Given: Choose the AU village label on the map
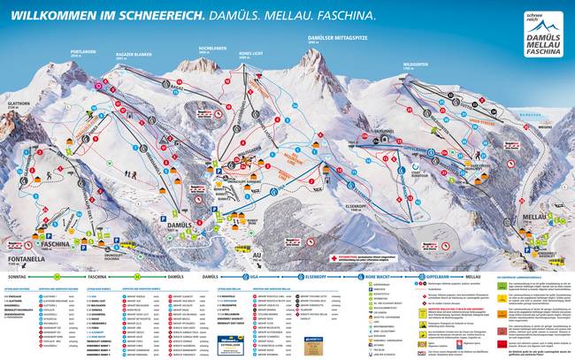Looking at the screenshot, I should (256, 233).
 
